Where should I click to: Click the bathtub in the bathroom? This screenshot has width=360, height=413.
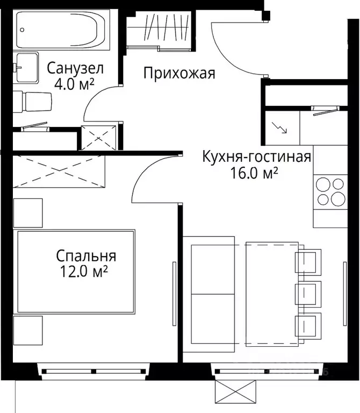[x=59, y=30]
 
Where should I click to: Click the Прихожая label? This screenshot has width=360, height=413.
[x=179, y=73]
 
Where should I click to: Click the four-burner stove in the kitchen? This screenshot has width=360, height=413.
[x=330, y=191]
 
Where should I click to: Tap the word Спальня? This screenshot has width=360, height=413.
[x=86, y=256]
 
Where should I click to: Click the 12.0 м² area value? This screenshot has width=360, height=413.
[x=86, y=272]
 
